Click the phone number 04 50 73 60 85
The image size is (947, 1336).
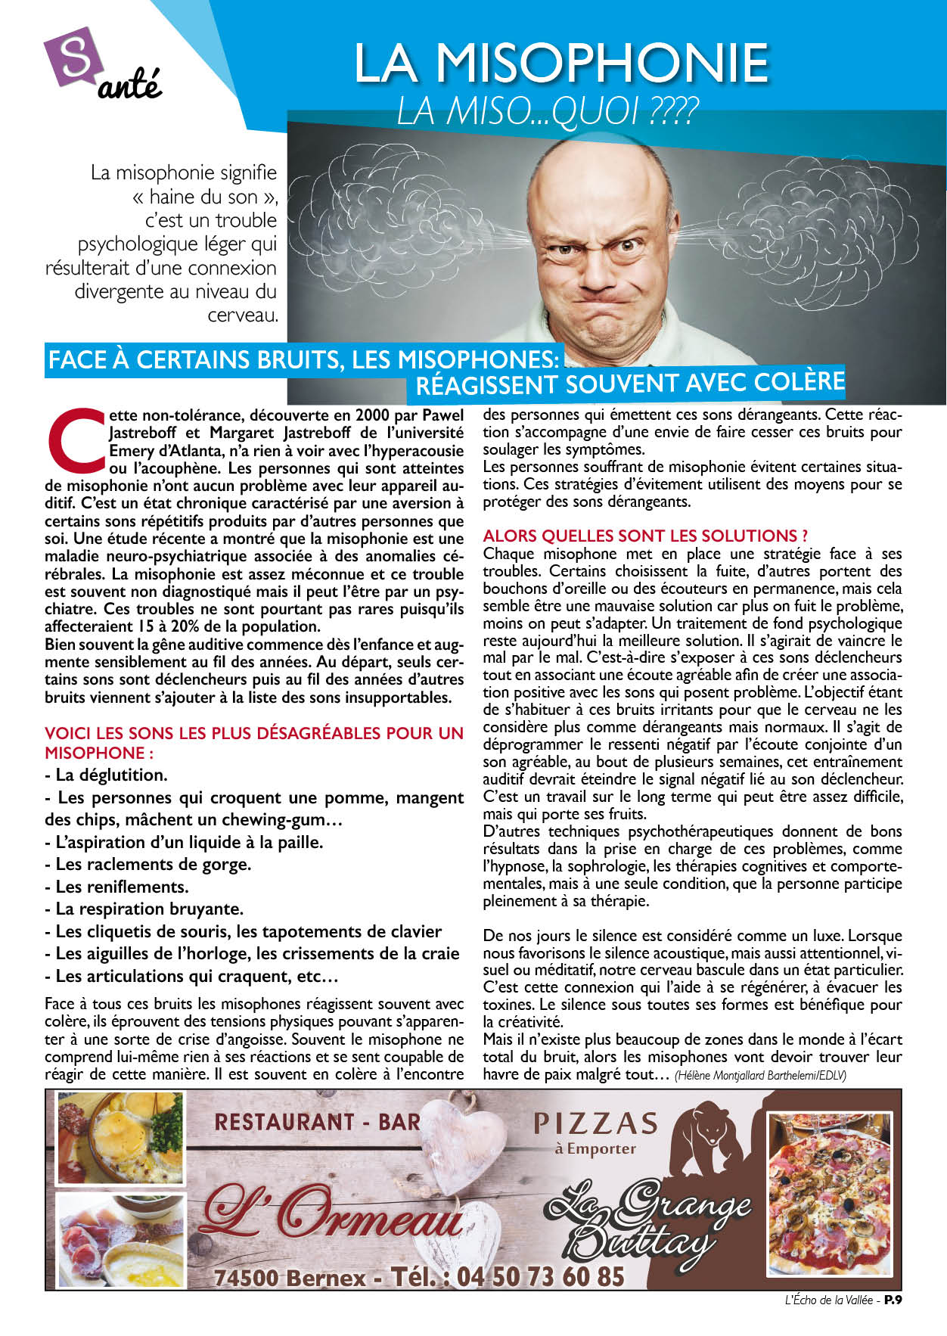point(541,1277)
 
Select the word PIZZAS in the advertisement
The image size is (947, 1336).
point(595,1124)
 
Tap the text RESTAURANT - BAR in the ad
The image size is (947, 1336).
point(317,1122)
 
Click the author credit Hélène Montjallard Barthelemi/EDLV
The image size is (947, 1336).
point(760,1076)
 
